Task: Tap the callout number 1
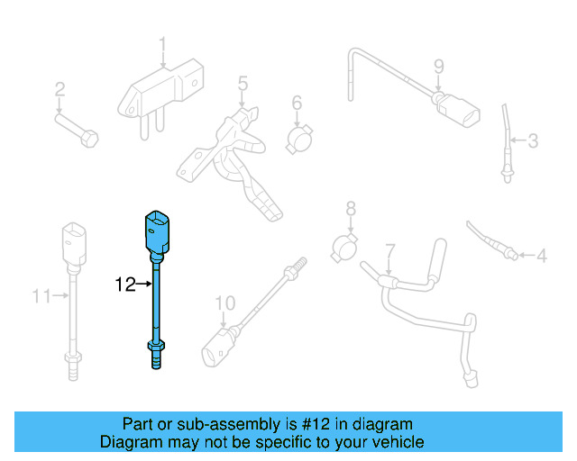coord(163,44)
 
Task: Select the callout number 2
coord(60,89)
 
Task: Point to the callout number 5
coord(243,84)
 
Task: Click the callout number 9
coord(439,66)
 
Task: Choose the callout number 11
coord(39,294)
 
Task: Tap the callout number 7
coord(389,249)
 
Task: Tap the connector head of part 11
coord(74,242)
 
